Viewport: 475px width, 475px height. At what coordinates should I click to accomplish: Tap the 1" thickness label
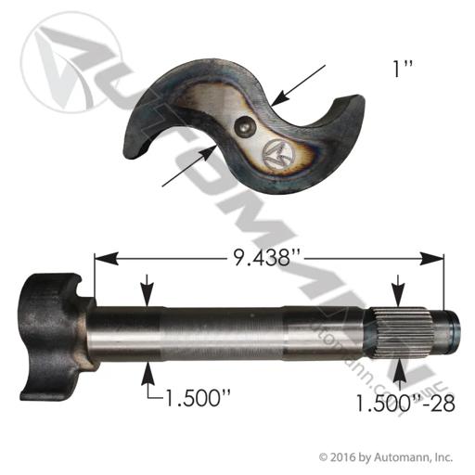click(403, 70)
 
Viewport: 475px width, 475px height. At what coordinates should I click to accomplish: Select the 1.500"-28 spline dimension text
click(405, 403)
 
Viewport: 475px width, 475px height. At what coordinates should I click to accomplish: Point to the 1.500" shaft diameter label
click(199, 398)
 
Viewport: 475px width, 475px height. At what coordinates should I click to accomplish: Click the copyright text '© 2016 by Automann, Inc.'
click(386, 457)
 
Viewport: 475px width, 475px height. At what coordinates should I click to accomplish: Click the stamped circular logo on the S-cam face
click(277, 154)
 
